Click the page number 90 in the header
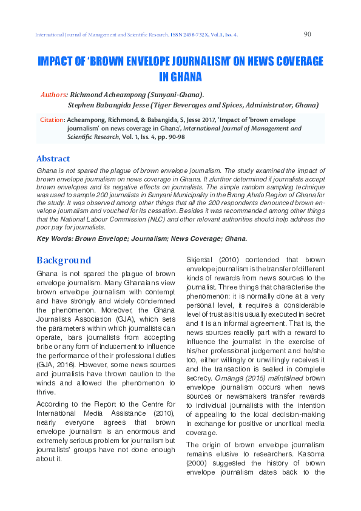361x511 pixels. tap(307, 35)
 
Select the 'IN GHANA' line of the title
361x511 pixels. tap(180, 77)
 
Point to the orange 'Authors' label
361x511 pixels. tap(53, 95)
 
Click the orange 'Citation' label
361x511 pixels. tap(52, 120)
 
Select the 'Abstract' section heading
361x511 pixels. tap(53, 159)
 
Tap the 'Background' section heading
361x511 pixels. tap(64, 260)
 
